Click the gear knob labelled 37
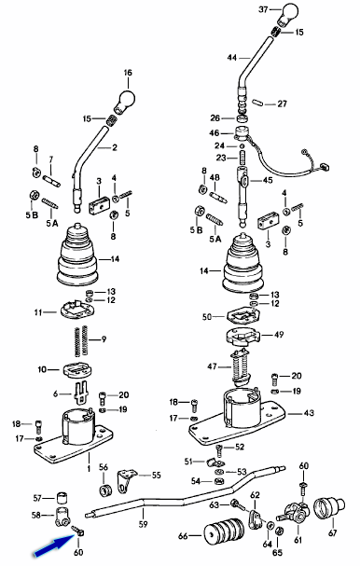289,14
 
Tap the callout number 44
232,58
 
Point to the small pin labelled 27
257,104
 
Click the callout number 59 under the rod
144,523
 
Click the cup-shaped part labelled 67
329,508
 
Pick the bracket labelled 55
127,480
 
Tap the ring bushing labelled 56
105,490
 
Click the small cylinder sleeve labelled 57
62,497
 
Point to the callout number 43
309,412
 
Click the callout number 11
38,312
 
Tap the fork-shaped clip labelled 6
81,392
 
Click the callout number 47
213,366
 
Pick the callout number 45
268,180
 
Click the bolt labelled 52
219,450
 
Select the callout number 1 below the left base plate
89,468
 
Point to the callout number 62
255,494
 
